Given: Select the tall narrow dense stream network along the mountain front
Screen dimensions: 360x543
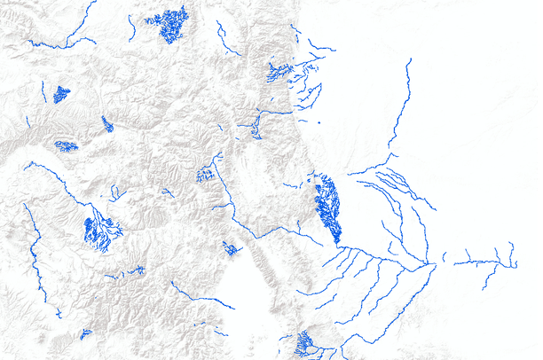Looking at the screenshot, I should [328, 208].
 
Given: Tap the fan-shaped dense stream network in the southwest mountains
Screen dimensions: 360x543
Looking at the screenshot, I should [98, 232].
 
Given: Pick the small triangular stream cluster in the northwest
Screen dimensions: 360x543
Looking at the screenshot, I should [60, 94].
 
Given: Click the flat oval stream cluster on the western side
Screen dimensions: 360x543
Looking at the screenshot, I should [66, 145].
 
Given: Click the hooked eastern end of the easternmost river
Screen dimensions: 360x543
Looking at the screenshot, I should [512, 257].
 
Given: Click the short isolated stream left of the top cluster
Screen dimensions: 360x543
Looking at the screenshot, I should [131, 27].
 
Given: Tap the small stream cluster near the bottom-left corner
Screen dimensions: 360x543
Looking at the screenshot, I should [85, 334].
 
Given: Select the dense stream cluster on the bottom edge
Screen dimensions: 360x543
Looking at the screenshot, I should [304, 343].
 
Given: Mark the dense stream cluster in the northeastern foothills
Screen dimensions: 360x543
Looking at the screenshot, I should [279, 72].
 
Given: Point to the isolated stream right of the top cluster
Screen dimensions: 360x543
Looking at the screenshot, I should [225, 41].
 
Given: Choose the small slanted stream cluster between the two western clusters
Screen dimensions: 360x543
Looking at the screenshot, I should [107, 124].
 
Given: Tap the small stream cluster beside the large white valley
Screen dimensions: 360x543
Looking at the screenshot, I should [231, 249].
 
